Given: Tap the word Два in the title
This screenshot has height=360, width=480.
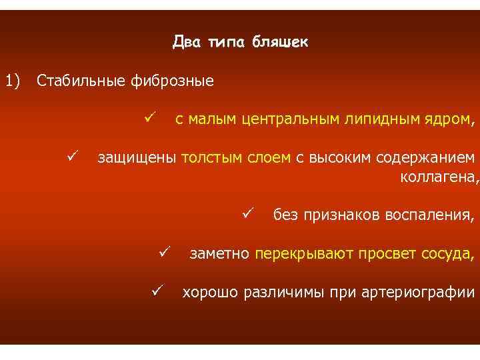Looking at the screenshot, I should [186, 43].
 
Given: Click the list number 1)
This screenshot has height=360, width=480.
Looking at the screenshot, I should [13, 81].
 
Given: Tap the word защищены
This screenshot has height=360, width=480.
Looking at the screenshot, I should [137, 158].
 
